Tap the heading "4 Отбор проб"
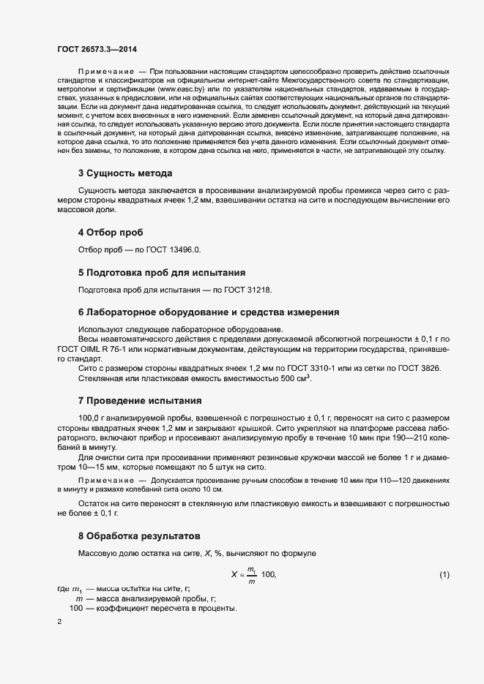coord(110,232)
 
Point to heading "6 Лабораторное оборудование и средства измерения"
coord(208,312)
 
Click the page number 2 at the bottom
coord(59,622)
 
